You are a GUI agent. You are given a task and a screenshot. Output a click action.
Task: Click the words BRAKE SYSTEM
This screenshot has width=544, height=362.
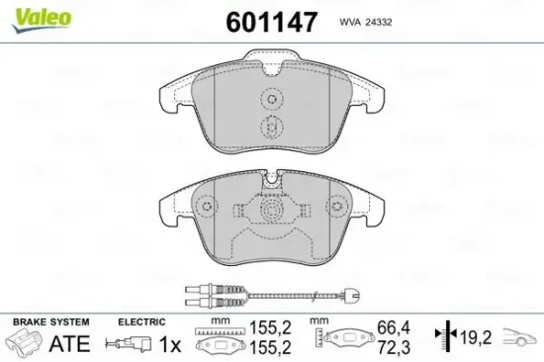point(50,322)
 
